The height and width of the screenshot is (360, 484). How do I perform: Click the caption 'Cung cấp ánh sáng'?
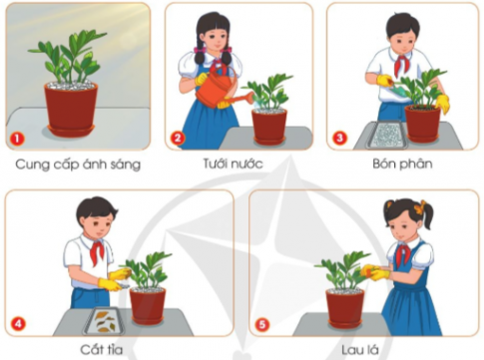click(x=77, y=164)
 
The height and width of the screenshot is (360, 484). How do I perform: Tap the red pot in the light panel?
click(x=71, y=105)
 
